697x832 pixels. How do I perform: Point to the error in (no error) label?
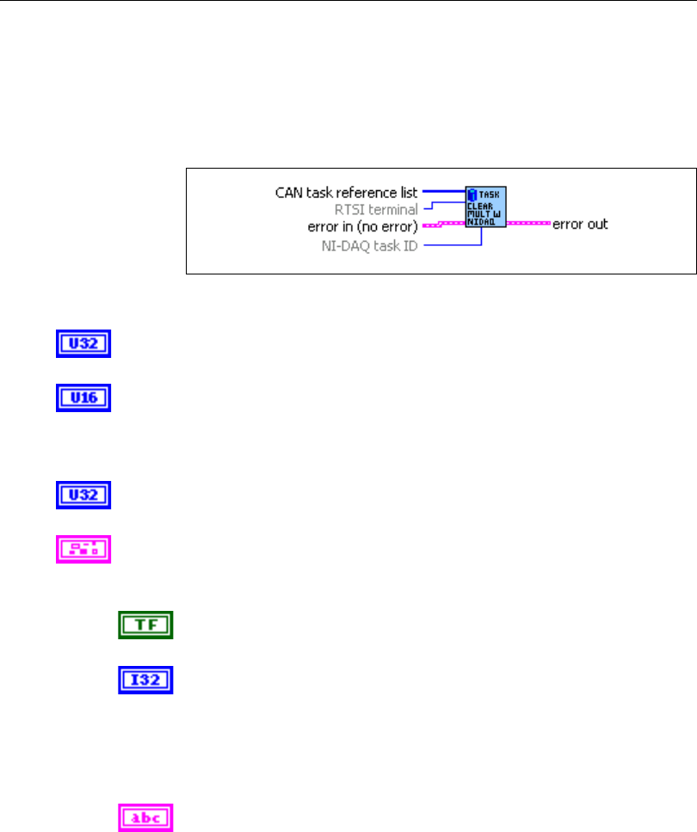(x=362, y=226)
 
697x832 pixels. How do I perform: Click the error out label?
(x=581, y=224)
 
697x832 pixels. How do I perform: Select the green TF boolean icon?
(x=145, y=625)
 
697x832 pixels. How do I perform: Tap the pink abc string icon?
(x=145, y=817)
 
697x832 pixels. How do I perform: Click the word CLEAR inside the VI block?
(x=479, y=206)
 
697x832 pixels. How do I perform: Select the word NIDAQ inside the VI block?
(x=479, y=221)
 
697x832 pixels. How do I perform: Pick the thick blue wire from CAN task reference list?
(x=443, y=192)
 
